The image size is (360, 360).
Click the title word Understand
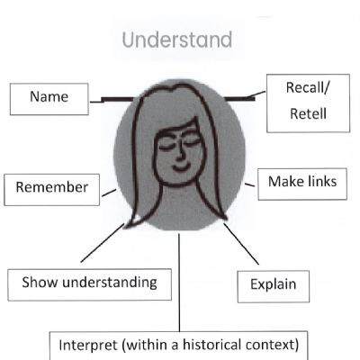[177, 40]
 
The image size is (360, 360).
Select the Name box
[49, 99]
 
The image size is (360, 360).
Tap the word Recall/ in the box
[308, 87]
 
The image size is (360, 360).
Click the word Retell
[308, 114]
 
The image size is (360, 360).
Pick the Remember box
[52, 190]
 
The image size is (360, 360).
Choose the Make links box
[302, 184]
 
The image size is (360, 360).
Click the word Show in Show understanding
[40, 282]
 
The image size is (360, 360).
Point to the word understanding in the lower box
[110, 283]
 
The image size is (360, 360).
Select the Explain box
[274, 287]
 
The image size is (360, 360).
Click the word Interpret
[88, 346]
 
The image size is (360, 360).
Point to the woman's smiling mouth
[181, 166]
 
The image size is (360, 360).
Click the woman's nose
[180, 151]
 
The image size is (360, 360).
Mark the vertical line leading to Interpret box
[179, 283]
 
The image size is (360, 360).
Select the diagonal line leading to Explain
[241, 244]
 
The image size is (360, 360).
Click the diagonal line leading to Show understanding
[103, 243]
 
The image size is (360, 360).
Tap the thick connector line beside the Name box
[113, 99]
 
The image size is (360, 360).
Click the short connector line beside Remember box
[109, 193]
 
